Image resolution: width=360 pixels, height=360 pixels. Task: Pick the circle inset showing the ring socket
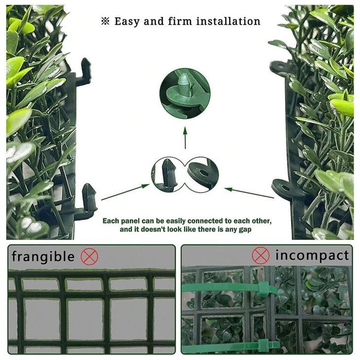point(202,174)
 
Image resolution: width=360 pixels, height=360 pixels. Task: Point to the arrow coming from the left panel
point(125,192)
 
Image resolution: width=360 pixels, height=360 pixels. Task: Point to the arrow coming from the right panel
point(249,192)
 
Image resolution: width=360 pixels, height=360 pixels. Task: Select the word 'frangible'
point(43,256)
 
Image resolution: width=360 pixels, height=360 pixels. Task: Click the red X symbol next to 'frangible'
point(89,256)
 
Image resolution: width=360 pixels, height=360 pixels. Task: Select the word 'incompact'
point(312,255)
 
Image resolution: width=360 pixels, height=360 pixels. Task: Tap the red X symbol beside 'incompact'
point(261,255)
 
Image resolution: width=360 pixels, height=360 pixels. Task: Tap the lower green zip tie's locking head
point(261,346)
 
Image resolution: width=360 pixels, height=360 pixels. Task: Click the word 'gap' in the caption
point(252,230)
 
